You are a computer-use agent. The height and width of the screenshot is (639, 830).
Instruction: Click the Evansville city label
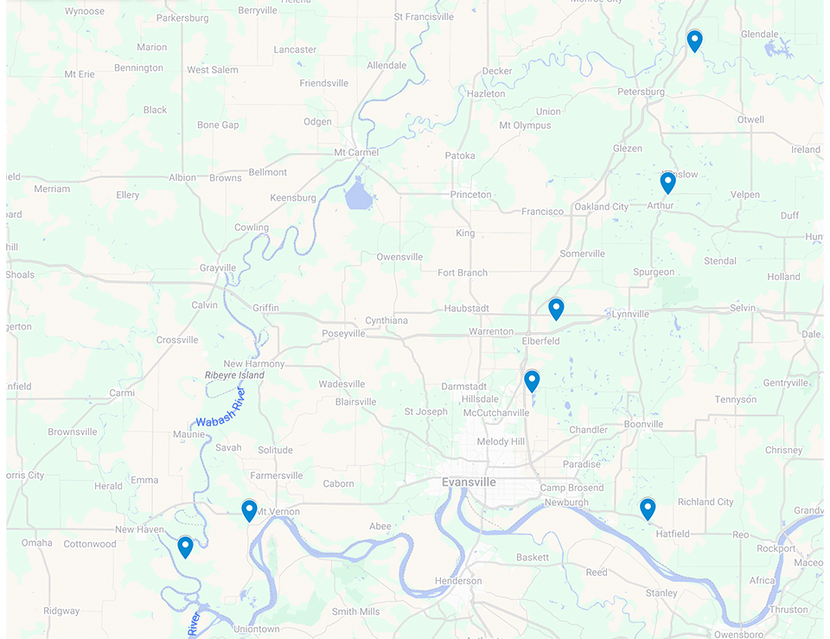tap(468, 482)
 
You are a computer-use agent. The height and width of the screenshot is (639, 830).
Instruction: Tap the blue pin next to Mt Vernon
tap(249, 510)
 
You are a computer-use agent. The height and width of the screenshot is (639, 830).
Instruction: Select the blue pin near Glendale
tap(694, 40)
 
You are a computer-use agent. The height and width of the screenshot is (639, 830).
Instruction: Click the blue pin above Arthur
tap(667, 182)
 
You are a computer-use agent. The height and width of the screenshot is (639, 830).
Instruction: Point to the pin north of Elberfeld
tap(556, 309)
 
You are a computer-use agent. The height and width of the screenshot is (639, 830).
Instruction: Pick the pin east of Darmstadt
tap(532, 380)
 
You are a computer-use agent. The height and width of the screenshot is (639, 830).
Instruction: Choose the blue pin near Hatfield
tap(648, 508)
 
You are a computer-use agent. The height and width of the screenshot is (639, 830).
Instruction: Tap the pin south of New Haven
tap(185, 546)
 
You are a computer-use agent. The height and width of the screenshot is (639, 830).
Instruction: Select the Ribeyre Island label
tap(234, 375)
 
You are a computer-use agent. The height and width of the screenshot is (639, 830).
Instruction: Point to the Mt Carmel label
tap(356, 153)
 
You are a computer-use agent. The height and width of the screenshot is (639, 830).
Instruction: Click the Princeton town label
tap(470, 195)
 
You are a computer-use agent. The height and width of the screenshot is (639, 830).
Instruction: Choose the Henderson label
tap(457, 581)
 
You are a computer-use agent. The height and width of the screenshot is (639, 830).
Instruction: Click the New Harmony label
tap(253, 364)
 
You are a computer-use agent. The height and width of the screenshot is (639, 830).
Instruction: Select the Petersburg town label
tap(641, 92)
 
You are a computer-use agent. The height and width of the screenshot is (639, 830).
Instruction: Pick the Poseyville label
tap(343, 334)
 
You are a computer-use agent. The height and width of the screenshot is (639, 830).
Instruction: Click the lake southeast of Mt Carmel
tap(358, 196)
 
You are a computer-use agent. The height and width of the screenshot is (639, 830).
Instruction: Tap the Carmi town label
tap(122, 393)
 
